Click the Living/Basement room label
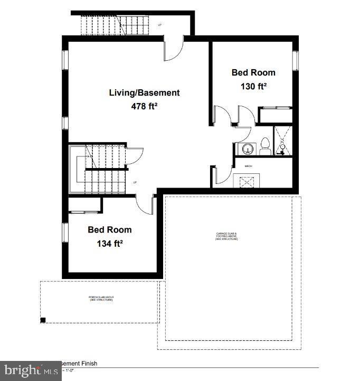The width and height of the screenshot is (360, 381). coord(144,92)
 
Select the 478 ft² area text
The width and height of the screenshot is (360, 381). coord(144,106)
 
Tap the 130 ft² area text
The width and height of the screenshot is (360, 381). coord(253,86)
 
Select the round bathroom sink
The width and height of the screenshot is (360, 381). coord(246,148)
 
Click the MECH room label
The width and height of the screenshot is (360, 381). coord(249,166)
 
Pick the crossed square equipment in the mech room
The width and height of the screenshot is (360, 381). coord(248,181)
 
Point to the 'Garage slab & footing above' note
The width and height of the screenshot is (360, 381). coord(227,236)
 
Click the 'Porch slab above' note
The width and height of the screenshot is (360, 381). coord(101,298)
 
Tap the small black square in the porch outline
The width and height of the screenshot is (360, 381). coord(43,319)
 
